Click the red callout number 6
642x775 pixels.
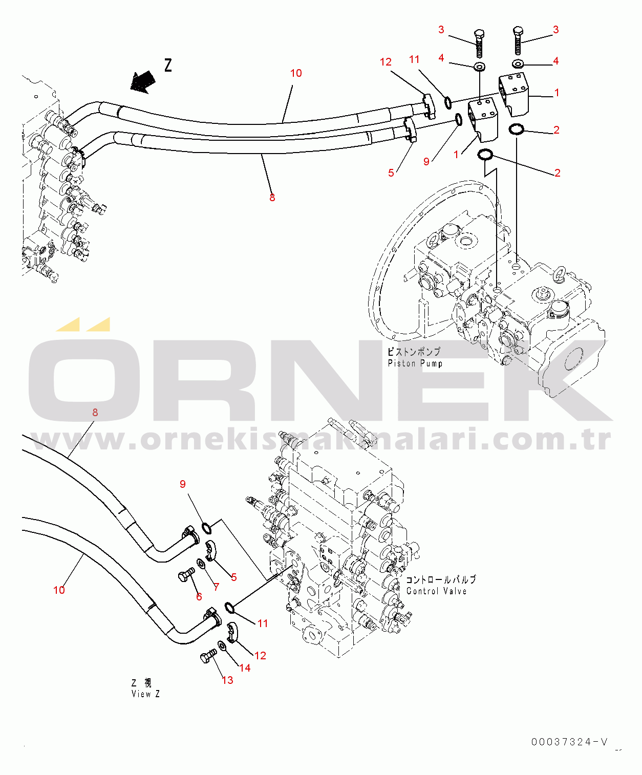coord(199,596)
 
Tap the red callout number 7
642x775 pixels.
coord(216,587)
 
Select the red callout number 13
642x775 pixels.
coord(227,680)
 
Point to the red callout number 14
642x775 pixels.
coord(245,668)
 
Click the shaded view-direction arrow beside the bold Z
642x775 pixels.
coord(142,82)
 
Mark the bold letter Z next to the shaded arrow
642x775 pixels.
coord(168,66)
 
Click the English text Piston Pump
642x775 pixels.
coord(415,363)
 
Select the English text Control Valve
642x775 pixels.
coord(437,591)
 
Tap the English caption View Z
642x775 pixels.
coord(146,694)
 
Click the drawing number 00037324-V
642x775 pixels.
coord(570,742)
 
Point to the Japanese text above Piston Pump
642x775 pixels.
coord(414,352)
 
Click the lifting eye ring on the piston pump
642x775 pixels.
coord(561,272)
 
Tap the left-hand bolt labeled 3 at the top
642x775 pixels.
coord(479,44)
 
